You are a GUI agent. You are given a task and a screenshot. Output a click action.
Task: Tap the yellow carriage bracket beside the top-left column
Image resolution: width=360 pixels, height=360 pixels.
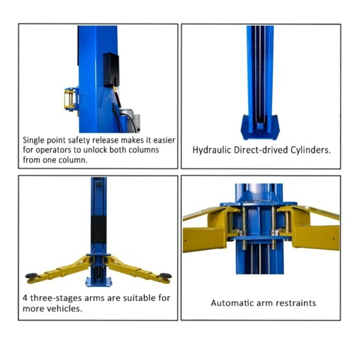(x=70, y=99)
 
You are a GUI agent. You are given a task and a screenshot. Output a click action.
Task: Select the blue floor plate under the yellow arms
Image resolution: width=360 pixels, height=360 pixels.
(x=99, y=282)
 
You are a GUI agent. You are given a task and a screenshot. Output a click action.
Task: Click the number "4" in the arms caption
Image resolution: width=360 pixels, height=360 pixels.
(x=25, y=298)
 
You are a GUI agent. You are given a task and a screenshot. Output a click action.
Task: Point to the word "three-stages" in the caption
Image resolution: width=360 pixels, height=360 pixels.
(x=57, y=298)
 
